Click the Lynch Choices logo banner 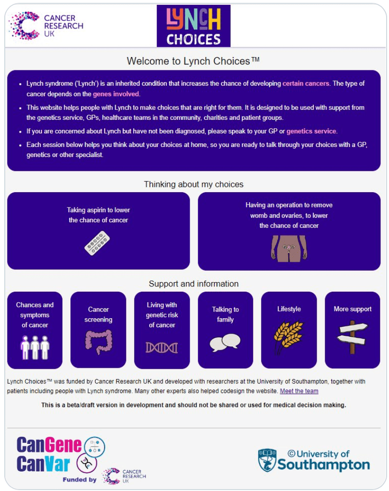click(x=194, y=26)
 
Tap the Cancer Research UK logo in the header click(x=46, y=26)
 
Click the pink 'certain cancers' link click(x=306, y=83)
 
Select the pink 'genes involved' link click(x=116, y=94)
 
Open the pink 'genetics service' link click(x=311, y=131)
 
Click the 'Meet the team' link click(x=299, y=391)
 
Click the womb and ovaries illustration click(x=289, y=248)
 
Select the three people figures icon click(x=35, y=347)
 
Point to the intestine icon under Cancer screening click(x=98, y=342)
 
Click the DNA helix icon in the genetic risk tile click(x=162, y=347)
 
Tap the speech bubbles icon click(x=225, y=342)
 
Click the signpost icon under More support click(x=352, y=336)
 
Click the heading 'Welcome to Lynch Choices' click(x=193, y=61)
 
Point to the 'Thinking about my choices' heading click(x=194, y=184)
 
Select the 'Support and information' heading click(x=194, y=284)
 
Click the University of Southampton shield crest click(x=267, y=460)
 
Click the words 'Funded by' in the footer click(x=79, y=480)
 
